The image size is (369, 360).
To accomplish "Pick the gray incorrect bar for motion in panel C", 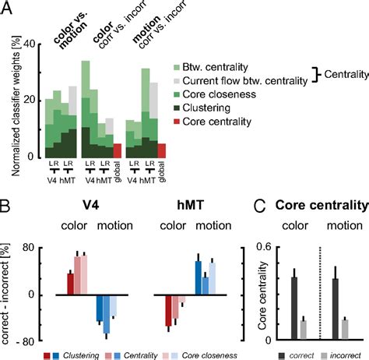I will click(343, 330).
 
